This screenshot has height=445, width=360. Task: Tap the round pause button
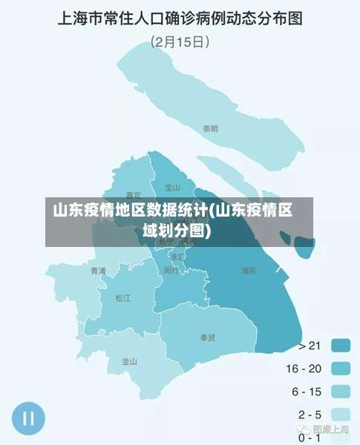pyautogui.click(x=28, y=418)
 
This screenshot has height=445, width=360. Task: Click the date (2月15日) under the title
pyautogui.click(x=180, y=42)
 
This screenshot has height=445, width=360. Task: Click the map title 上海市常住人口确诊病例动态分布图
pyautogui.click(x=180, y=18)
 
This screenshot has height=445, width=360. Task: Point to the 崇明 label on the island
pyautogui.click(x=212, y=129)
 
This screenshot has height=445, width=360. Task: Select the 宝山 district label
pyautogui.click(x=173, y=188)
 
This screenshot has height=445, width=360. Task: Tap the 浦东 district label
pyautogui.click(x=249, y=271)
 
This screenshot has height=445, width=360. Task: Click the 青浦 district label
pyautogui.click(x=98, y=271)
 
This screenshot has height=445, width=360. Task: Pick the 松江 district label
pyautogui.click(x=122, y=298)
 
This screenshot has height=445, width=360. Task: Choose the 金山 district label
pyautogui.click(x=130, y=362)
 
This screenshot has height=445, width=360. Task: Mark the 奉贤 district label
pyautogui.click(x=208, y=337)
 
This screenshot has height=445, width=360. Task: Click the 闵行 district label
pyautogui.click(x=171, y=271)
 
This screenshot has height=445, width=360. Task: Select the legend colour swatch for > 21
pyautogui.click(x=341, y=345)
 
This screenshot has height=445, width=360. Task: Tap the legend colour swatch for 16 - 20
pyautogui.click(x=341, y=368)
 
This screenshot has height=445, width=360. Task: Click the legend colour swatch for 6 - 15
pyautogui.click(x=341, y=391)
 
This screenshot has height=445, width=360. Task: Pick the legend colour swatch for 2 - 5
pyautogui.click(x=341, y=414)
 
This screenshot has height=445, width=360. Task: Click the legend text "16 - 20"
pyautogui.click(x=304, y=368)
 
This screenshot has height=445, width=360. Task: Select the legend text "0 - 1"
pyautogui.click(x=310, y=438)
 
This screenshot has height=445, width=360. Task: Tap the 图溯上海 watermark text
pyautogui.click(x=331, y=429)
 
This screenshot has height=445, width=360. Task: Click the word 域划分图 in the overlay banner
pyautogui.click(x=176, y=230)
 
